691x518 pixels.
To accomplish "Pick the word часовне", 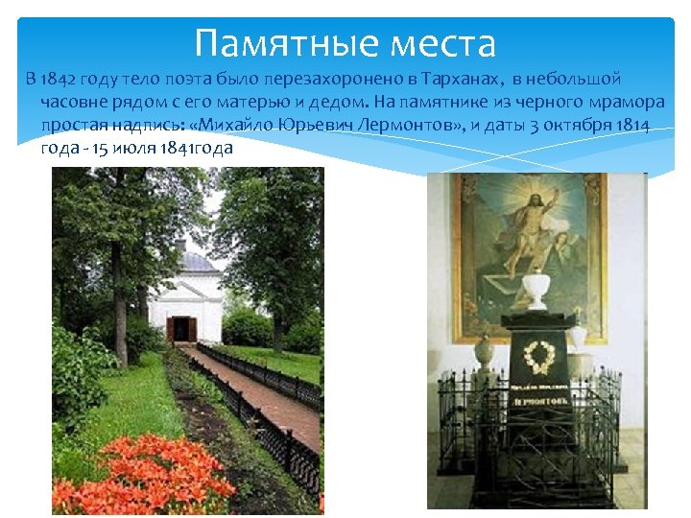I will tap(74, 102).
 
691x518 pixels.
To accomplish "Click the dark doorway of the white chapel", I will tap(181, 329).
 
